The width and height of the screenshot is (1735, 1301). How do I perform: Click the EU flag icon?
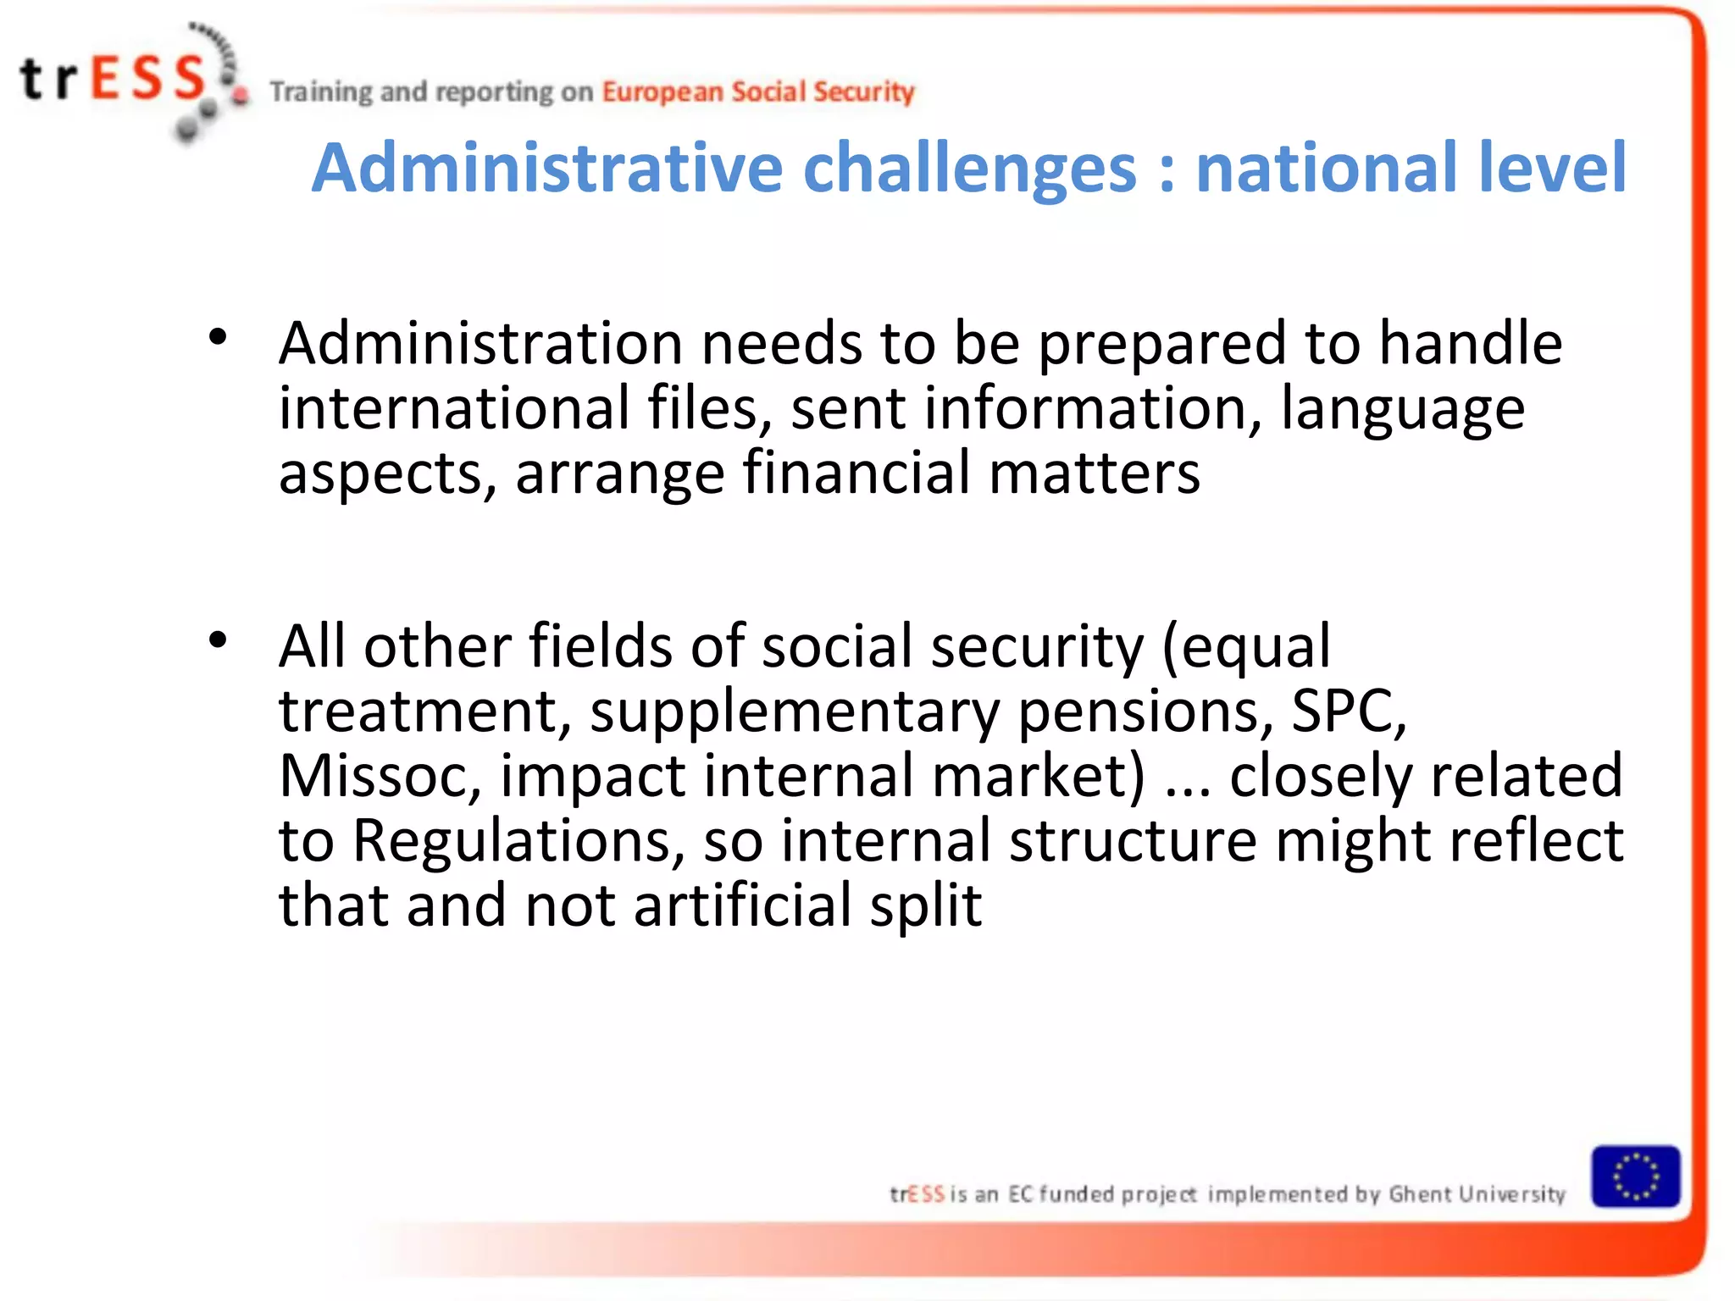(1635, 1176)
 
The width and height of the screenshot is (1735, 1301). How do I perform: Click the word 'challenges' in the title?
(969, 168)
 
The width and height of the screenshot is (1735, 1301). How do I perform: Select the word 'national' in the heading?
(1327, 168)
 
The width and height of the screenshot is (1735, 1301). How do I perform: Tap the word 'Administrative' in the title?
(547, 168)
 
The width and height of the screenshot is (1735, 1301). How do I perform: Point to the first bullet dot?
(218, 338)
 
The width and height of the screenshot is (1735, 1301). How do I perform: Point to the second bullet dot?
(218, 640)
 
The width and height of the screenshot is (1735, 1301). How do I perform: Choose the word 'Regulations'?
(518, 841)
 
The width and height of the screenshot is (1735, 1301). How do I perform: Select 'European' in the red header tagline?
(662, 91)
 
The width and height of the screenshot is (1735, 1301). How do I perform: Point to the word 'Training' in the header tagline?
(321, 91)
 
